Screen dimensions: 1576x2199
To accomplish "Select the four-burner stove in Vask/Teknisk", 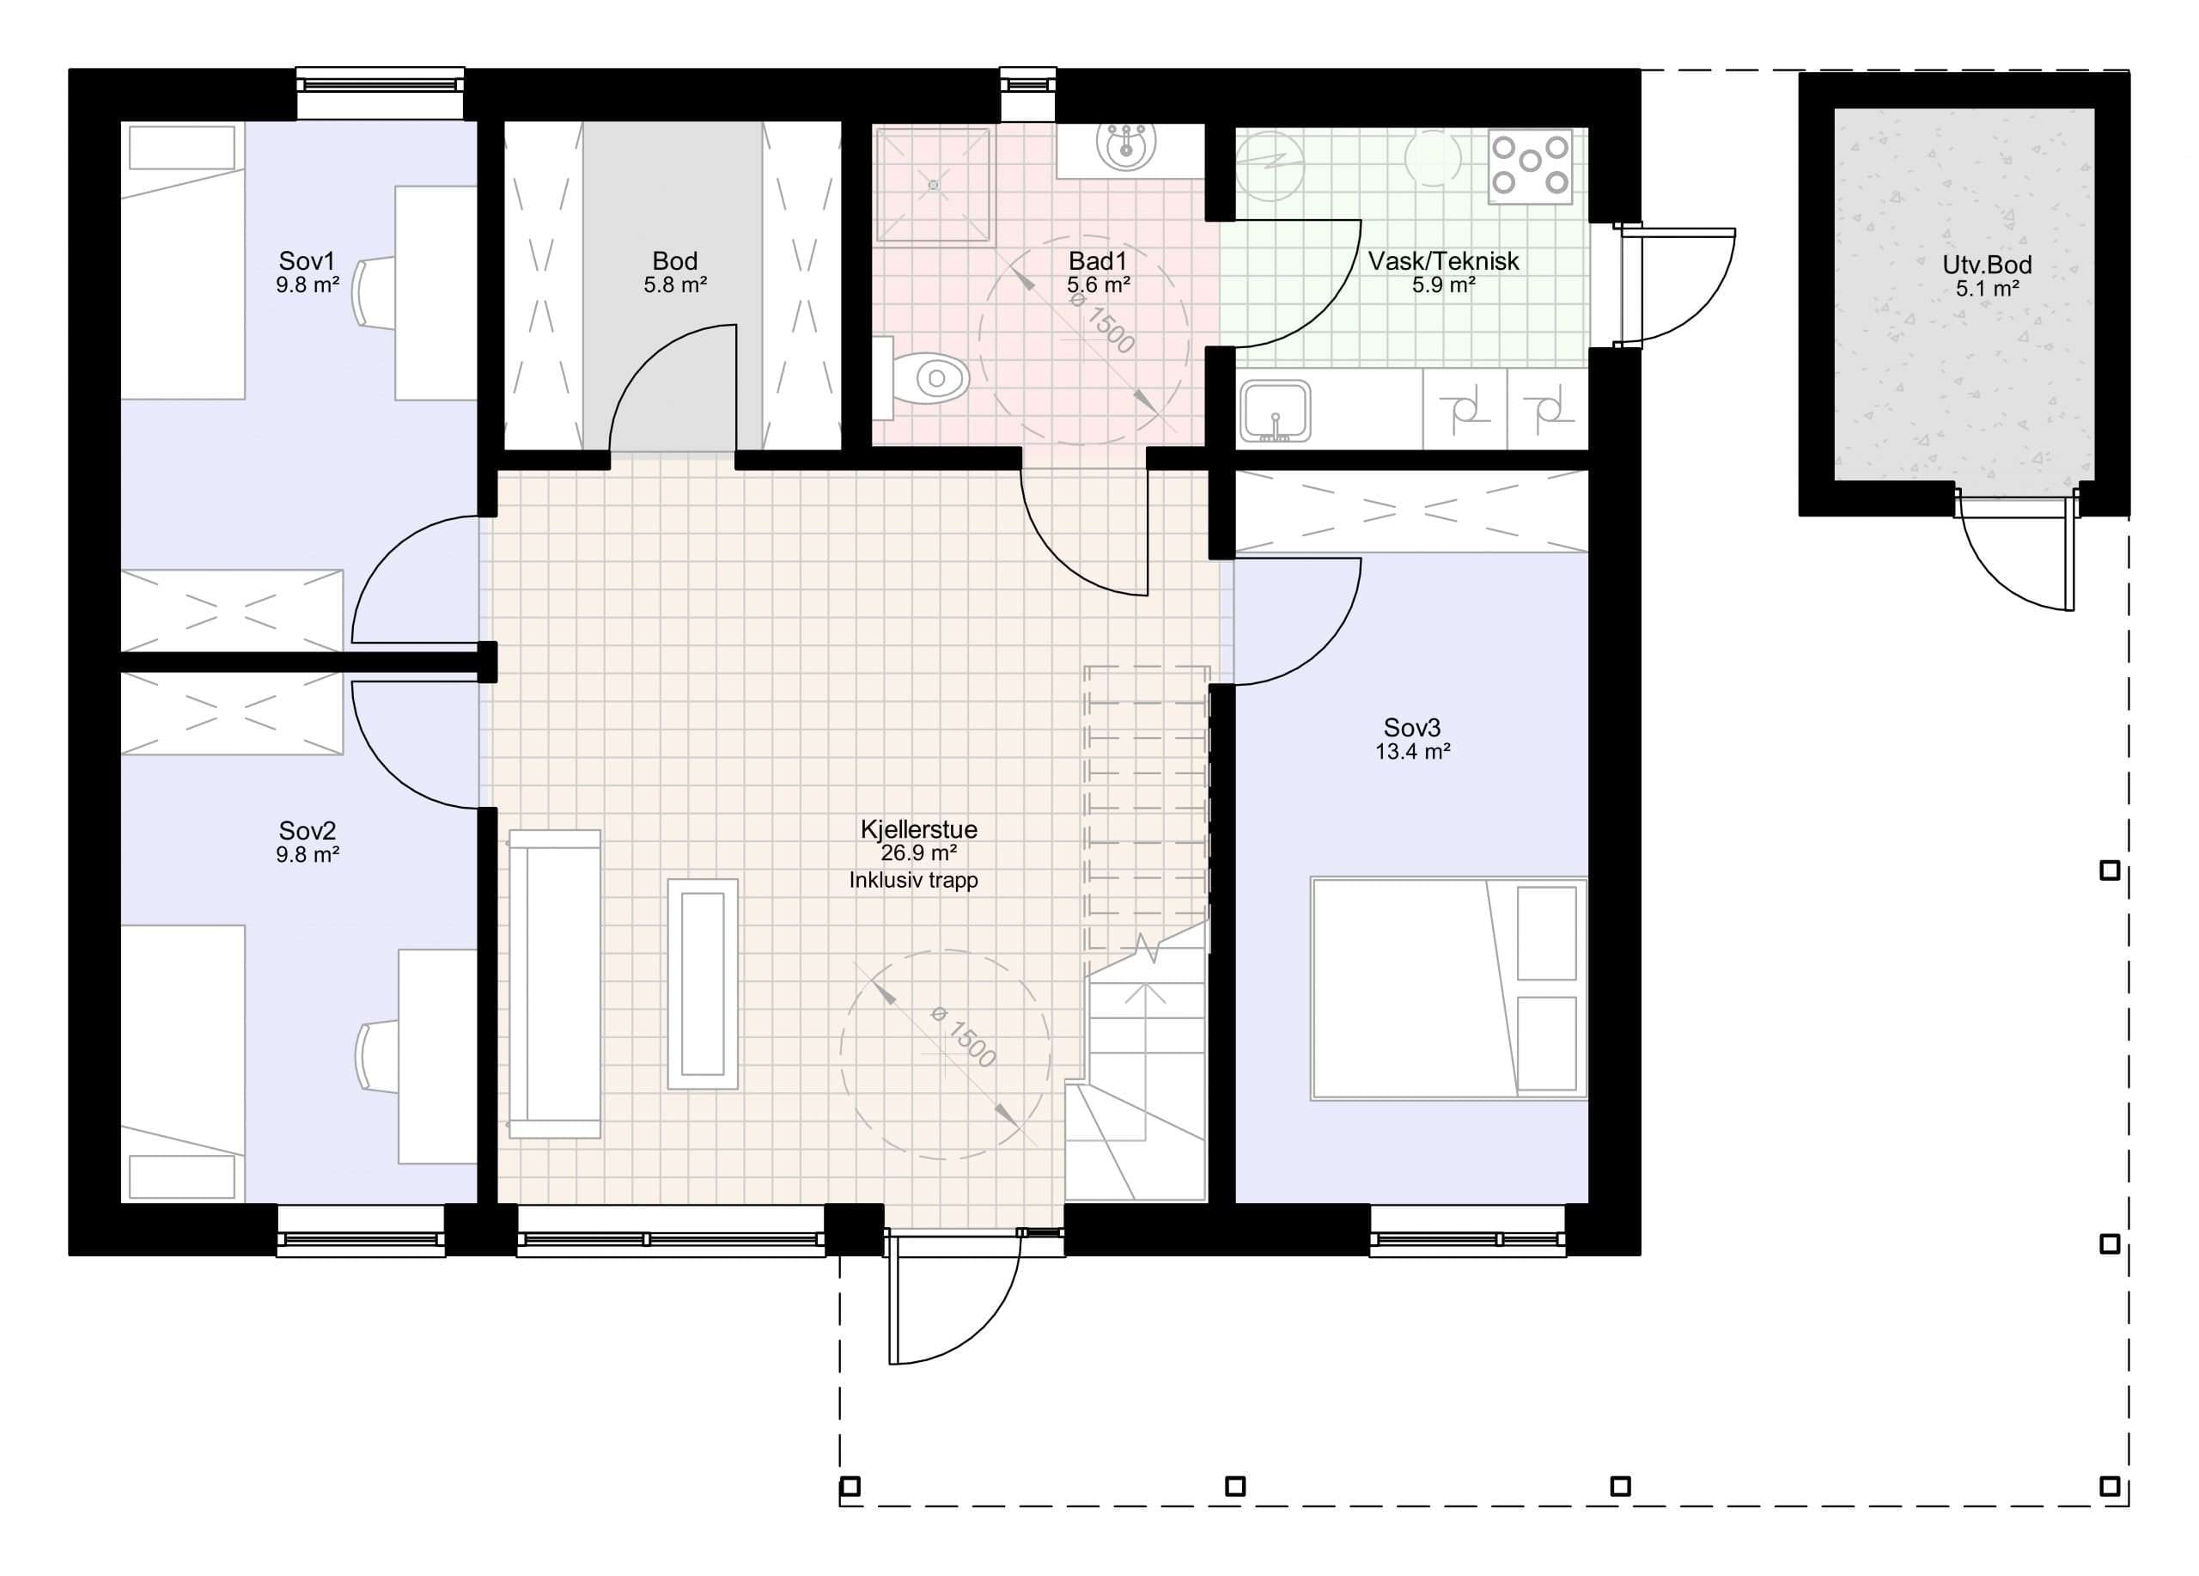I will click(x=1530, y=166).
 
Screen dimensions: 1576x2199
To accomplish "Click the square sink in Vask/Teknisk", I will click(x=1275, y=412).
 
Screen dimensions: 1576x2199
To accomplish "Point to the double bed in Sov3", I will click(x=1447, y=988).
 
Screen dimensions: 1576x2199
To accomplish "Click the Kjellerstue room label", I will click(x=918, y=829).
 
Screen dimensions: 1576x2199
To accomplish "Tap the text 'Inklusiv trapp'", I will click(x=913, y=881).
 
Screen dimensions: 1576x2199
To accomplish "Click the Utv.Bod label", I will click(x=1986, y=265).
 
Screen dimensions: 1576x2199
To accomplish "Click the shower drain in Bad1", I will click(x=933, y=184).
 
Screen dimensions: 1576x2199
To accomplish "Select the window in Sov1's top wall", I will click(x=380, y=82).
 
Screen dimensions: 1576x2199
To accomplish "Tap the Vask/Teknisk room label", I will click(x=1443, y=261).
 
